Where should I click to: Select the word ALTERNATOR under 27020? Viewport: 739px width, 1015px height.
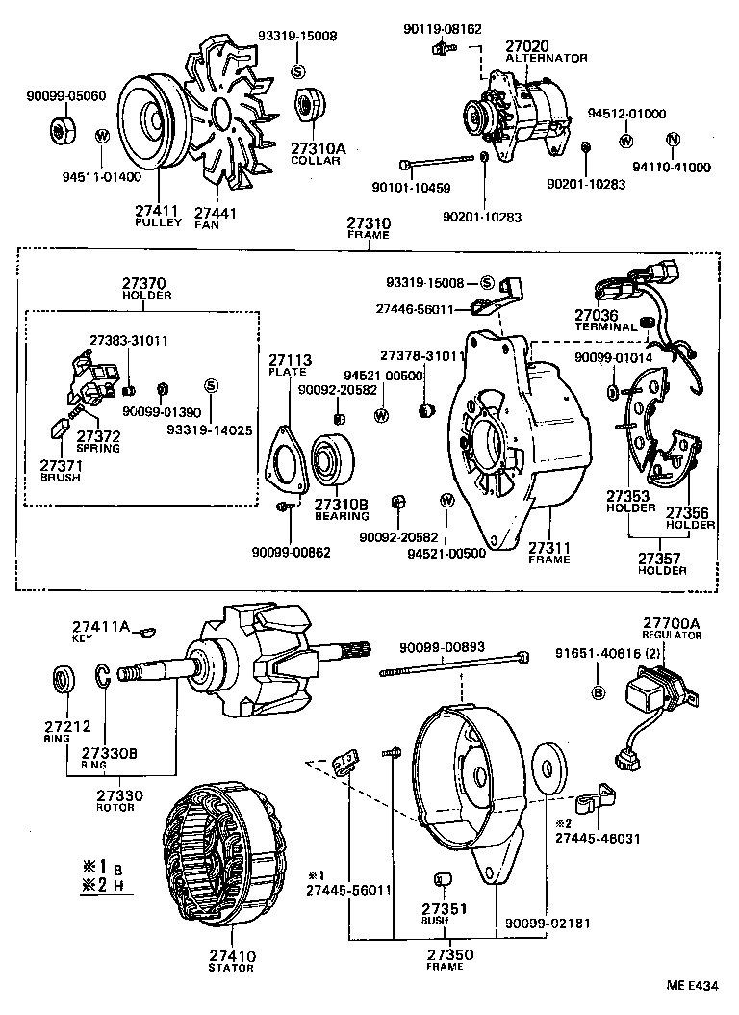click(x=547, y=58)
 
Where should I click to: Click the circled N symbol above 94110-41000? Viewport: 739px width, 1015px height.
click(x=673, y=141)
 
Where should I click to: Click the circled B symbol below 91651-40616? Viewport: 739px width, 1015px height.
click(x=597, y=692)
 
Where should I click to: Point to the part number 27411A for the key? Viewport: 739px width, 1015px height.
click(x=97, y=626)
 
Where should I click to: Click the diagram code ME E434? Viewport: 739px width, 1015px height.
click(x=694, y=985)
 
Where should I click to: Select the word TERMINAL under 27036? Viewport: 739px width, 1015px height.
click(x=606, y=327)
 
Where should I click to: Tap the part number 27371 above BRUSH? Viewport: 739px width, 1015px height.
click(x=60, y=464)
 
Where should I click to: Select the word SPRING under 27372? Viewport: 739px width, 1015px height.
click(x=98, y=448)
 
